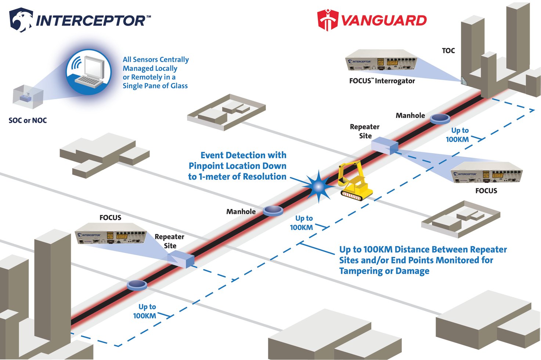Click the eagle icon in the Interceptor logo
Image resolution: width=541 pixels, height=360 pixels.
coord(21,20)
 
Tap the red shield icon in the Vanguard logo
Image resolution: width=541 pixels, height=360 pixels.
coord(327,20)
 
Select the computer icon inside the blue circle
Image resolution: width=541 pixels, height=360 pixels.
coord(89,72)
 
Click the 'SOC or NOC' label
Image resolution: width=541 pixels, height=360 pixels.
coord(28,120)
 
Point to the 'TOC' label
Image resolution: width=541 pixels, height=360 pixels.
coord(448,51)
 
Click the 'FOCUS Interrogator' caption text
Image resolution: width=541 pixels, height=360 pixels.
coord(382,81)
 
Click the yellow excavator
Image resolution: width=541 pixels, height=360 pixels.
coord(354,181)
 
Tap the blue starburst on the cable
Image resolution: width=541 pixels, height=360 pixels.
coord(318,187)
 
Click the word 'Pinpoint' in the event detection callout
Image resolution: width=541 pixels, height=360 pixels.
coord(206,166)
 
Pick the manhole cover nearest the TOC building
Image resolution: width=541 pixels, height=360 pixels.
coord(440,118)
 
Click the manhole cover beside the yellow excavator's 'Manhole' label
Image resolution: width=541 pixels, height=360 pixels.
coord(273,210)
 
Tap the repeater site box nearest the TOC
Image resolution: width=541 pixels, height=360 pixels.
coord(385,145)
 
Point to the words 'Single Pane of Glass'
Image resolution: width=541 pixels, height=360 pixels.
coord(155,86)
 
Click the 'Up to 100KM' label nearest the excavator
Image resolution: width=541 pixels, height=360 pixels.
coord(302,223)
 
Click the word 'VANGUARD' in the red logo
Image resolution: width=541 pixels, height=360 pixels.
coord(384,21)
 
